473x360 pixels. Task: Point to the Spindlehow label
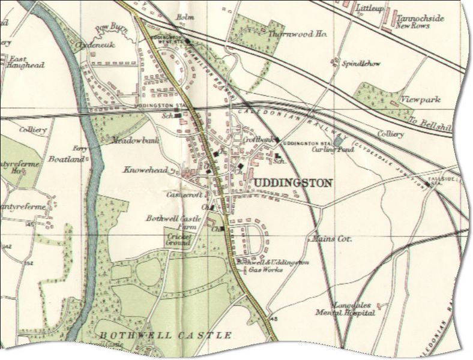(x=355, y=63)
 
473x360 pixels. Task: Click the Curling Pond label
(x=327, y=149)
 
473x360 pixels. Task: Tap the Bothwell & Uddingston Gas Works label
(x=271, y=266)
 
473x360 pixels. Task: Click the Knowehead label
(x=143, y=170)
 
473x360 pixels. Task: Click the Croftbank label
(x=259, y=140)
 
